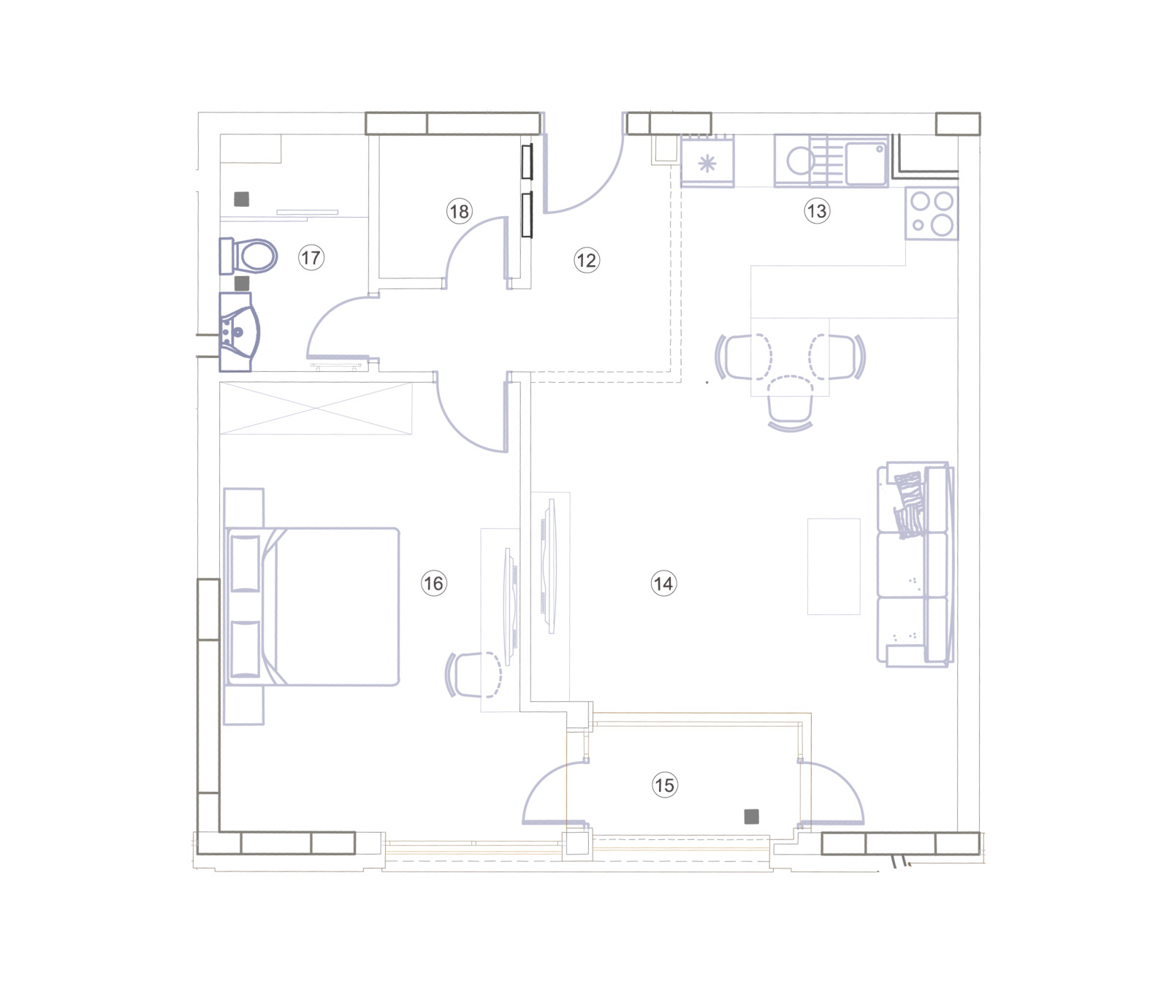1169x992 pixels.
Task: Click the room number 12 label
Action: [586, 260]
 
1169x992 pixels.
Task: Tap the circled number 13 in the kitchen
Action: [816, 211]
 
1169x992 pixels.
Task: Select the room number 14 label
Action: [663, 583]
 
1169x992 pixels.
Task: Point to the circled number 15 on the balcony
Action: [664, 785]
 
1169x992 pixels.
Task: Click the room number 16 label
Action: [433, 583]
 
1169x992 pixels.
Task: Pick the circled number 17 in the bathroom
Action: [311, 257]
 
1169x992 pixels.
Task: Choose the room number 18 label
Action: [459, 211]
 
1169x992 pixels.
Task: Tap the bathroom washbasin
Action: [238, 332]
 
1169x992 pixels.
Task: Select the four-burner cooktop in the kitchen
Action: [932, 213]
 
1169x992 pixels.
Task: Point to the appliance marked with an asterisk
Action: [707, 163]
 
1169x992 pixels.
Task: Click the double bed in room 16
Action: [314, 606]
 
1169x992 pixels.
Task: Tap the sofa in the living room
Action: [915, 564]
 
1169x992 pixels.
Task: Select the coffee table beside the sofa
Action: [834, 566]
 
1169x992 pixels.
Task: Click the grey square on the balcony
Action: [751, 817]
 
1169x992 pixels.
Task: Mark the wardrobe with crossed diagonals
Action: [316, 408]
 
